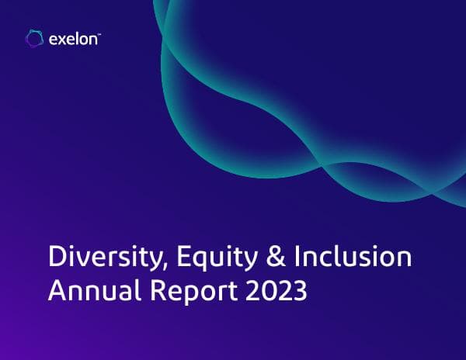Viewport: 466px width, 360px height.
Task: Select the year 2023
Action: click(x=280, y=292)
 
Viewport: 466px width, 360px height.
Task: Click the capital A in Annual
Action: click(x=57, y=292)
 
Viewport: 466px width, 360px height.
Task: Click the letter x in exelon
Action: click(x=61, y=39)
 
